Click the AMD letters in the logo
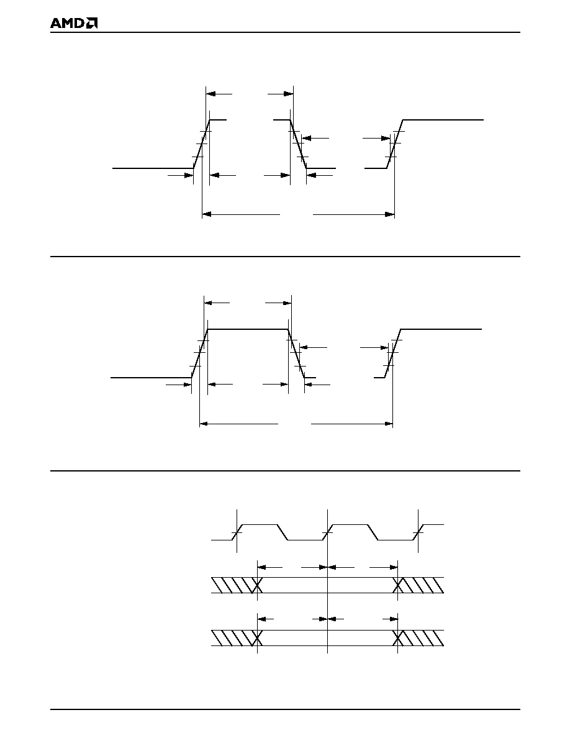pyautogui.click(x=68, y=24)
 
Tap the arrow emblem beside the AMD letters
pyautogui.click(x=92, y=24)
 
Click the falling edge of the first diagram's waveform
pyautogui.click(x=298, y=144)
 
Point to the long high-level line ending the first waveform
pyautogui.click(x=443, y=120)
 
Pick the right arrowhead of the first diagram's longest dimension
pyautogui.click(x=389, y=214)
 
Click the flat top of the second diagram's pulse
pyautogui.click(x=248, y=329)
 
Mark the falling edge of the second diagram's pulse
pyautogui.click(x=296, y=353)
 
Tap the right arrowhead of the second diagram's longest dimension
pyautogui.click(x=388, y=424)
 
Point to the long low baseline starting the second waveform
pyautogui.click(x=151, y=378)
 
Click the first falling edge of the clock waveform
pyautogui.click(x=283, y=532)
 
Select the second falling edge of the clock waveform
pyautogui.click(x=373, y=532)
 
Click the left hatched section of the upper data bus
pyautogui.click(x=233, y=585)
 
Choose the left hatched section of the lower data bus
pyautogui.click(x=233, y=638)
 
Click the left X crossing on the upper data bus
pyautogui.click(x=257, y=585)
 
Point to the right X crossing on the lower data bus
pyautogui.click(x=398, y=638)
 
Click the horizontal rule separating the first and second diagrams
pyautogui.click(x=286, y=257)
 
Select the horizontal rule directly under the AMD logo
pyautogui.click(x=286, y=32)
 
